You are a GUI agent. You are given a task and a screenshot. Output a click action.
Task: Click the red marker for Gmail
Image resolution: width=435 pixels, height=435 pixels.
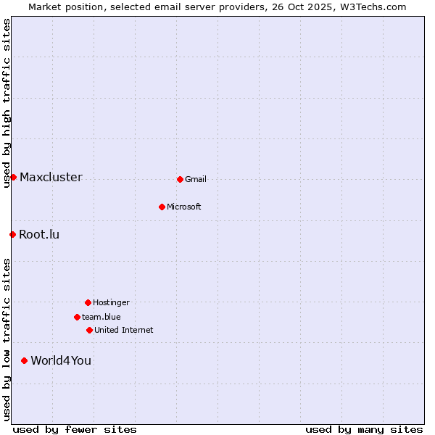point(180,179)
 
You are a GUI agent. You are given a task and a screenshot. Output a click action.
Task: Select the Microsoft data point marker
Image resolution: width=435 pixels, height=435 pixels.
point(162,207)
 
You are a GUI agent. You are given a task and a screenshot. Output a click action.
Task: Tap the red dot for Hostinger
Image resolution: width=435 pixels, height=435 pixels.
point(88,302)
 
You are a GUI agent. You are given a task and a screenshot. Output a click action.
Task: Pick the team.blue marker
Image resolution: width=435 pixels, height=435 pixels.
point(77,317)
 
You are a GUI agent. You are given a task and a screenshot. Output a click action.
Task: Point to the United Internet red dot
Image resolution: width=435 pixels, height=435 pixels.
point(89,330)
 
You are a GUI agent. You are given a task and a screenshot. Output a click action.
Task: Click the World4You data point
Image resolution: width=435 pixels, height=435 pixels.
point(24,360)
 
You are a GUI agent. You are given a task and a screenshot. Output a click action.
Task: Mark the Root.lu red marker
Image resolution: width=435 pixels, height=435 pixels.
point(12,234)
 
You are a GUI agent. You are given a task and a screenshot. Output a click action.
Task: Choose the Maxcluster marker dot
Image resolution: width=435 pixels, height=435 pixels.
point(13,177)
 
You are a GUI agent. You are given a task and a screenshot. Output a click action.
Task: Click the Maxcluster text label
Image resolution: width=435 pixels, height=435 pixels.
point(51,178)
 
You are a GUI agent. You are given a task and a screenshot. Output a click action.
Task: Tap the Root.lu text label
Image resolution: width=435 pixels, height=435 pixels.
point(39,235)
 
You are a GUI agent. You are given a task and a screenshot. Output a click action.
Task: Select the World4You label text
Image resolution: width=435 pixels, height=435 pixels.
point(61,361)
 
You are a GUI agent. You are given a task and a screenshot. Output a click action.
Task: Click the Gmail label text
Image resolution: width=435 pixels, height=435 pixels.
point(196,180)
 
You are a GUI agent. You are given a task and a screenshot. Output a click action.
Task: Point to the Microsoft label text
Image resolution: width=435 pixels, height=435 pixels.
point(184,207)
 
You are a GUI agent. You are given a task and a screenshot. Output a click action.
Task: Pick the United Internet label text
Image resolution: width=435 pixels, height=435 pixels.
point(124,331)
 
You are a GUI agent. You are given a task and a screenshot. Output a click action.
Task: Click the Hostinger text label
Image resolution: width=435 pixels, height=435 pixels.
point(111,303)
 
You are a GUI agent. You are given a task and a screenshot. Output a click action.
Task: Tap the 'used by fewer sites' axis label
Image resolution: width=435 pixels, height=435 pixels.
point(75,429)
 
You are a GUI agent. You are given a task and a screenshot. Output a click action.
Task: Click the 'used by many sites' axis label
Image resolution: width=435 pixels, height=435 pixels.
point(364,429)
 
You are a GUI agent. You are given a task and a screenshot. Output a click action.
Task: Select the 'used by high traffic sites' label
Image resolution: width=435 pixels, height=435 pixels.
point(7,104)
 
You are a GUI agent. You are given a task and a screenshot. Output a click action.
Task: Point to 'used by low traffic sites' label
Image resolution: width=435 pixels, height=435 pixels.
point(7,339)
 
